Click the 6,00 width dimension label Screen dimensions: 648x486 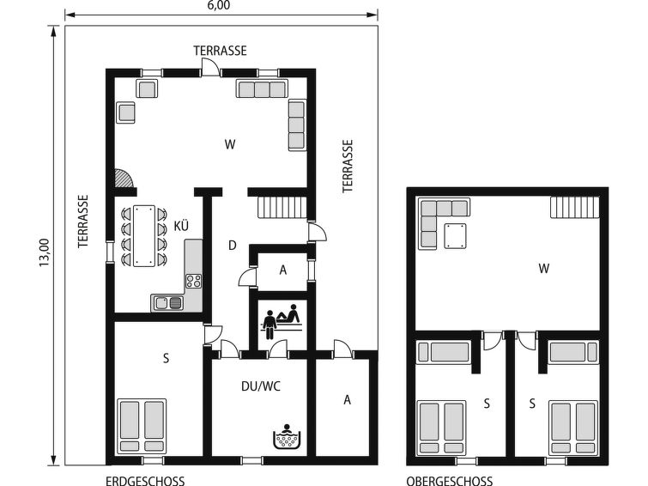coord(220,5)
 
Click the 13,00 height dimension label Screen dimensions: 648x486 coord(45,252)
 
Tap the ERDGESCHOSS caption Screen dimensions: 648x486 coord(145,481)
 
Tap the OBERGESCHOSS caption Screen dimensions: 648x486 coord(449,481)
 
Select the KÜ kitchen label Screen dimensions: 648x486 coord(181,226)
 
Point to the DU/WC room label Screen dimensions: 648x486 coord(261,386)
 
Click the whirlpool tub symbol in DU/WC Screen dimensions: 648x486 coord(288,436)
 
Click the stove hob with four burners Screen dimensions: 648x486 coord(193,282)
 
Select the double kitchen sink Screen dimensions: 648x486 coord(168,303)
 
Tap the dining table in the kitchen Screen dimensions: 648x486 coord(144,236)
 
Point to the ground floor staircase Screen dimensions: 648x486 coord(282,207)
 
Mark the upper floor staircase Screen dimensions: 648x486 coord(575,207)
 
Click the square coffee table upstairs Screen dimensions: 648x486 coord(456,236)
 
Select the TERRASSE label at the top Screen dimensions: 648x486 coord(221,51)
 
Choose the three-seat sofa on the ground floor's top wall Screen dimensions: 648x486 coord(262,88)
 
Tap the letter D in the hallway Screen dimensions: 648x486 coord(233,246)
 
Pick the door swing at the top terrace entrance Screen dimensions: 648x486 coord(209,65)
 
